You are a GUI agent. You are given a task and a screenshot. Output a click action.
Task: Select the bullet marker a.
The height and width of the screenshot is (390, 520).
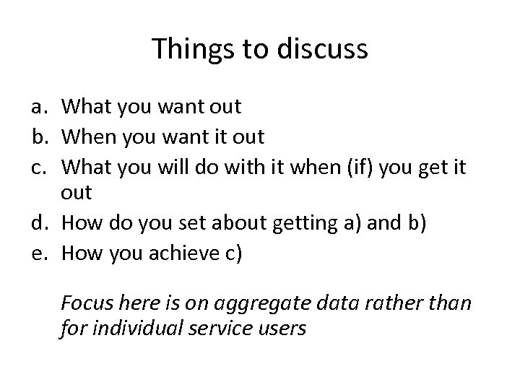(39, 108)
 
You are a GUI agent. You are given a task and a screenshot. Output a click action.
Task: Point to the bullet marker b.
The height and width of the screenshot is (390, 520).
(39, 136)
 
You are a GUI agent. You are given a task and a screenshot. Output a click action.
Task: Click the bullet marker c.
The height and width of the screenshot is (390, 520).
(39, 165)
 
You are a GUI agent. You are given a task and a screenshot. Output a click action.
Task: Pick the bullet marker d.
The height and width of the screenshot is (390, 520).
(39, 222)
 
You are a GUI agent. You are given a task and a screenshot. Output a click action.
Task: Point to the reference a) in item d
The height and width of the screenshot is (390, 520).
(354, 222)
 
